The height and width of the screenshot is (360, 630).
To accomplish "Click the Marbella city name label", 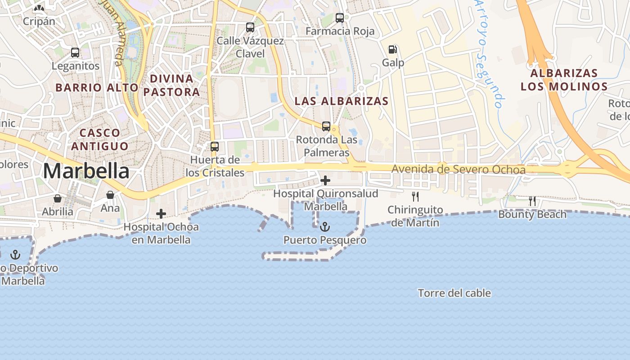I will [x=86, y=171].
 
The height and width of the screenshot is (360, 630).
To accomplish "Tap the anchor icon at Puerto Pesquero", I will [x=325, y=227].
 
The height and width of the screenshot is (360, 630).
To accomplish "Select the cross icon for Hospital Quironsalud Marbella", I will [x=325, y=181].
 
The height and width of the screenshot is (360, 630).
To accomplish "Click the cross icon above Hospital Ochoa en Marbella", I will [x=161, y=214].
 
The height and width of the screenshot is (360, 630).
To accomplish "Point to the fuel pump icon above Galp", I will [x=393, y=49].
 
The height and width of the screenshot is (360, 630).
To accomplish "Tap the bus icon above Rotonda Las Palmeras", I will [x=326, y=126].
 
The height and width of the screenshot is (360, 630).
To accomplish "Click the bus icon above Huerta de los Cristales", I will [x=215, y=146].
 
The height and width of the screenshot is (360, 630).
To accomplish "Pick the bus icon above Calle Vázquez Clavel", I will [x=250, y=27].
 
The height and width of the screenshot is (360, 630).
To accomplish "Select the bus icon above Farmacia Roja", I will [x=340, y=18].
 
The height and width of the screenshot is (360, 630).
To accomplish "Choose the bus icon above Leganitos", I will [x=75, y=52].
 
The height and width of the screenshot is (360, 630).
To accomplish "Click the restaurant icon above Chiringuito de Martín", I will [x=415, y=197].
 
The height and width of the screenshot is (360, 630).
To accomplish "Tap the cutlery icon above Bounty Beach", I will [x=532, y=201].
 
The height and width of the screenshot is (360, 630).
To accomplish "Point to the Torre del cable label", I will [x=454, y=293].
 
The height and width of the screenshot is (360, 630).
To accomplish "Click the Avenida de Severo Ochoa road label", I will [x=458, y=170].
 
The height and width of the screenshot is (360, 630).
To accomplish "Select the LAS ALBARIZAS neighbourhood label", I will [x=341, y=101].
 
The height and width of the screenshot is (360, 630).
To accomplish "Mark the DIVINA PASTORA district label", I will [x=171, y=85].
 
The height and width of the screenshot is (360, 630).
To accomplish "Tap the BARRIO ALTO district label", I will [x=96, y=87].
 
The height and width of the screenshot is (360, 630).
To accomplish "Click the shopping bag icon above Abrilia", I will [x=58, y=198].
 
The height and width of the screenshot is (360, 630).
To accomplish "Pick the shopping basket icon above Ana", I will [x=110, y=195].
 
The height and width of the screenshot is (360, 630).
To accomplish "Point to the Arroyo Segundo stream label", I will [x=489, y=54].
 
